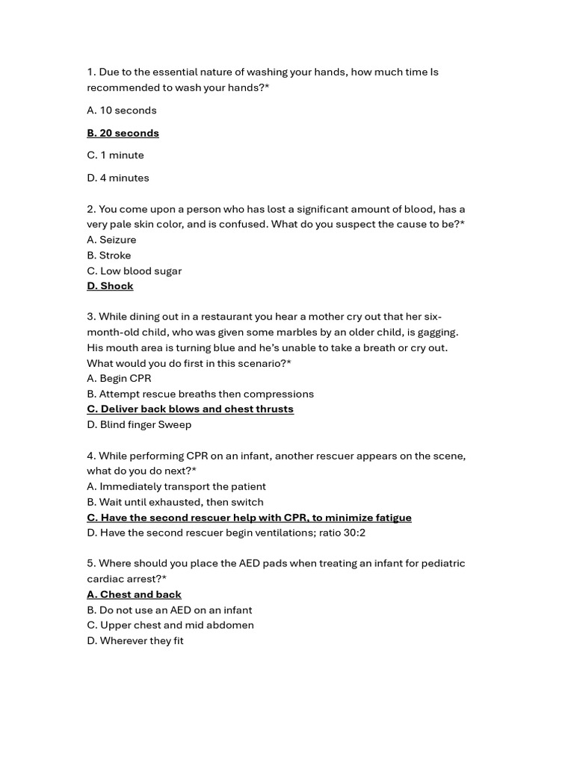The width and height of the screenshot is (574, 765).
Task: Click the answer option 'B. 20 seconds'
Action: tap(123, 133)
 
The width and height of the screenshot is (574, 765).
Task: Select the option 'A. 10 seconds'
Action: tap(122, 111)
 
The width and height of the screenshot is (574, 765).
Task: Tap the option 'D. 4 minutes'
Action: tap(118, 178)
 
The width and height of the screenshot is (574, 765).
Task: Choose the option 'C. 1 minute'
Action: tap(115, 155)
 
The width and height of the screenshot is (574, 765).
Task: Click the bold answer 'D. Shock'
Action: tap(110, 286)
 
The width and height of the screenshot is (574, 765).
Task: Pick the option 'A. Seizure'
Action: tap(111, 240)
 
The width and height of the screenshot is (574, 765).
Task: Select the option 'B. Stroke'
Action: tap(108, 255)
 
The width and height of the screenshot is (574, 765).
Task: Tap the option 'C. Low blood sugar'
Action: tap(134, 271)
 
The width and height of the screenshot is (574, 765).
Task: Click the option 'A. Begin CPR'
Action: tap(119, 379)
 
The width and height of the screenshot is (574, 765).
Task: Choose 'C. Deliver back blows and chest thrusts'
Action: tap(190, 409)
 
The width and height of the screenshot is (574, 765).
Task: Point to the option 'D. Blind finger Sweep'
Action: tap(139, 425)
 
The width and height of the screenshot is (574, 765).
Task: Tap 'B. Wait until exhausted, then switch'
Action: tap(175, 503)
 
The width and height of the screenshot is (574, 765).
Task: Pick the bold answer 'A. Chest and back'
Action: tap(134, 595)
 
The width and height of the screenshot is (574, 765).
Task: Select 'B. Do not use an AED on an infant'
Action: tap(169, 610)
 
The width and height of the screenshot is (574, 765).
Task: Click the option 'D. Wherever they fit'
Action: tap(135, 641)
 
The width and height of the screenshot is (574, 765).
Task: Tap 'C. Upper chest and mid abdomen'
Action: tap(170, 625)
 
